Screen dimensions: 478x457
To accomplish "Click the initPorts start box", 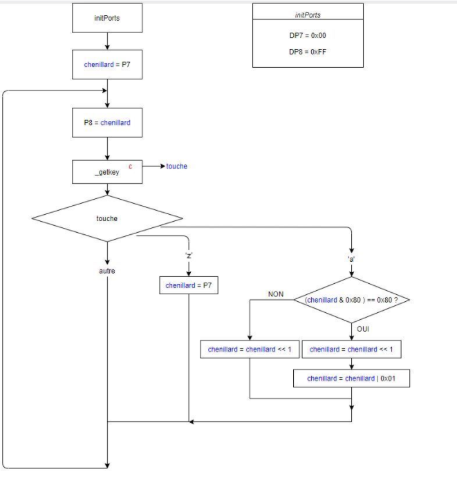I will [107, 18].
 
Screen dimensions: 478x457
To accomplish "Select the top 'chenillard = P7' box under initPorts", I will [107, 65].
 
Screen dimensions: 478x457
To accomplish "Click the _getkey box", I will [107, 171].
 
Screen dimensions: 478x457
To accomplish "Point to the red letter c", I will [130, 166].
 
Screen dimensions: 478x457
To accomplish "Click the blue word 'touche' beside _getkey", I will [176, 166].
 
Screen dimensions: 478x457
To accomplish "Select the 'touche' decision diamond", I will [107, 218].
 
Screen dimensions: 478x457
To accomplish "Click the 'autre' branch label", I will [107, 271].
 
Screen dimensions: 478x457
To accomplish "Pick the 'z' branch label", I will [189, 256].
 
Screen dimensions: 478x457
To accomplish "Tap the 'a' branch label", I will [351, 259].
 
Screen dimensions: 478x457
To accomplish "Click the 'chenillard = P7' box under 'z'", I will [189, 285].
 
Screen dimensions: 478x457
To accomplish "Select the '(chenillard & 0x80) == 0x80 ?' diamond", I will [351, 300].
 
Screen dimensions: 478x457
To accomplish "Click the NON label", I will [276, 294].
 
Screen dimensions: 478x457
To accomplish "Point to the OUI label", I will [363, 329].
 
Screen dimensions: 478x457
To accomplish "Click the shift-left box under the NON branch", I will [250, 350].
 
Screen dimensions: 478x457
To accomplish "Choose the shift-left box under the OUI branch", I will [351, 350].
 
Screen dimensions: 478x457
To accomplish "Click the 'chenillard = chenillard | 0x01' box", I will [351, 379].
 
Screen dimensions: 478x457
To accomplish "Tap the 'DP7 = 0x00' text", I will [307, 35].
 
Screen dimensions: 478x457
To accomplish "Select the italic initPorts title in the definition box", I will [307, 15].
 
